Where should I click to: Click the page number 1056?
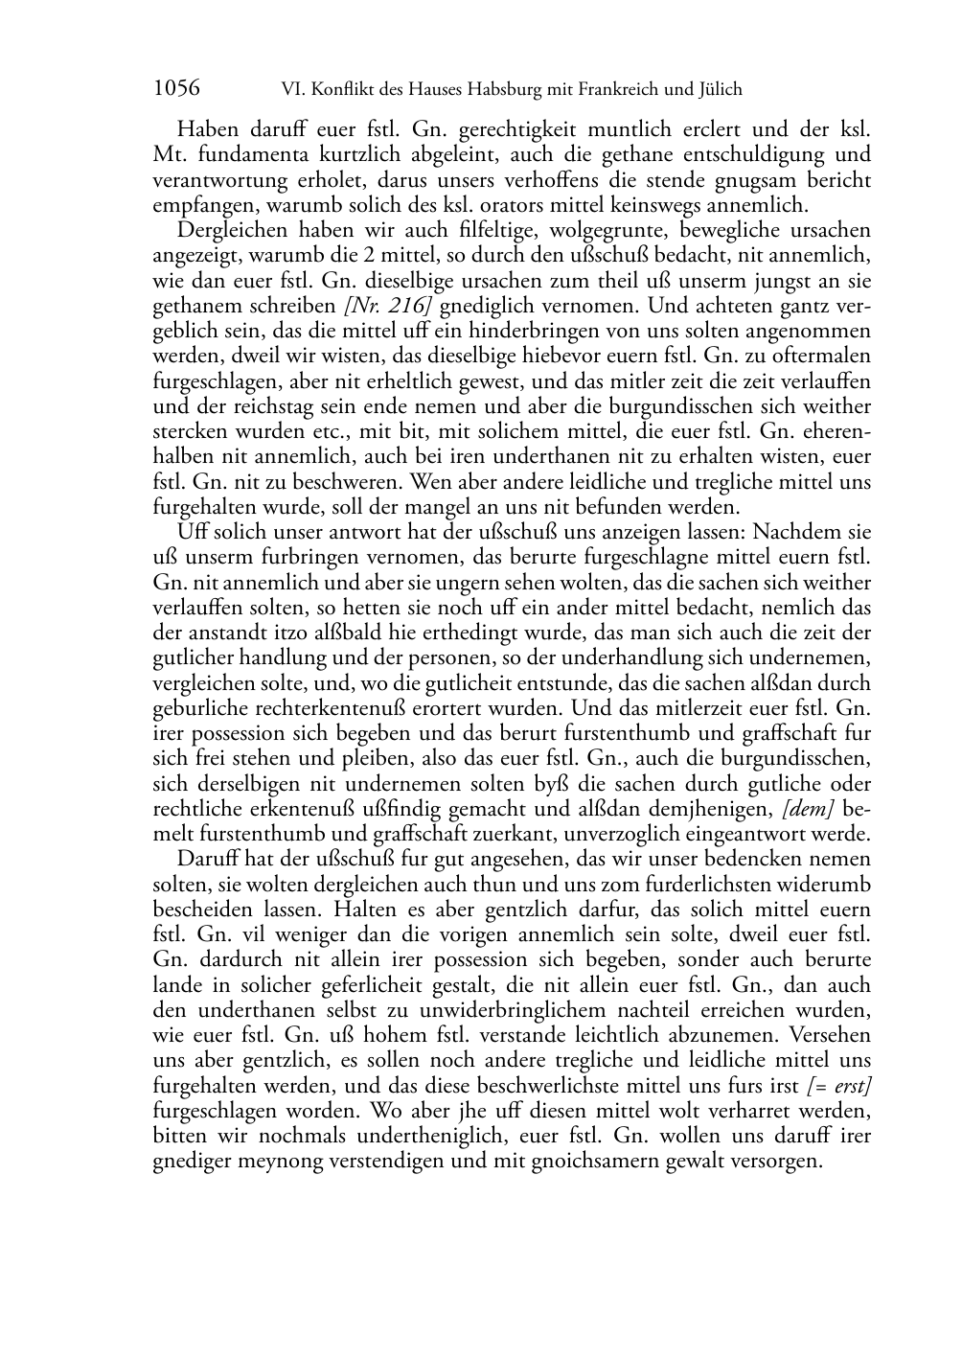(176, 89)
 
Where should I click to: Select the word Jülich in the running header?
(718, 90)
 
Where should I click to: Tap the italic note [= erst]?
(839, 1086)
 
